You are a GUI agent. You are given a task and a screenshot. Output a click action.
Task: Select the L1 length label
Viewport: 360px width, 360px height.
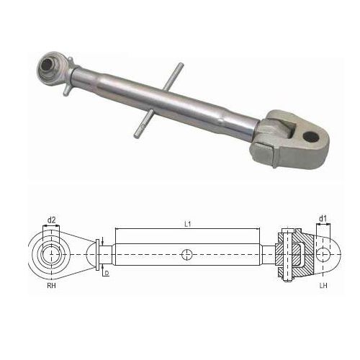click(x=186, y=225)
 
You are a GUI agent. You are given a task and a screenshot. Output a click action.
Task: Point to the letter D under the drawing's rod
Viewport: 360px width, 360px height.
click(x=106, y=274)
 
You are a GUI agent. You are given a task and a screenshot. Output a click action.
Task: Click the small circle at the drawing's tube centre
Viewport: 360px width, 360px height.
click(x=187, y=254)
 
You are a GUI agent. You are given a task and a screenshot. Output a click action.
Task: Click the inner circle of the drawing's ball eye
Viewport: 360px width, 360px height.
click(x=52, y=254)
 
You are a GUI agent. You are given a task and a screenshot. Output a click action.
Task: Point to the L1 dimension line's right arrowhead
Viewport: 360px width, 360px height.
click(x=276, y=230)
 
